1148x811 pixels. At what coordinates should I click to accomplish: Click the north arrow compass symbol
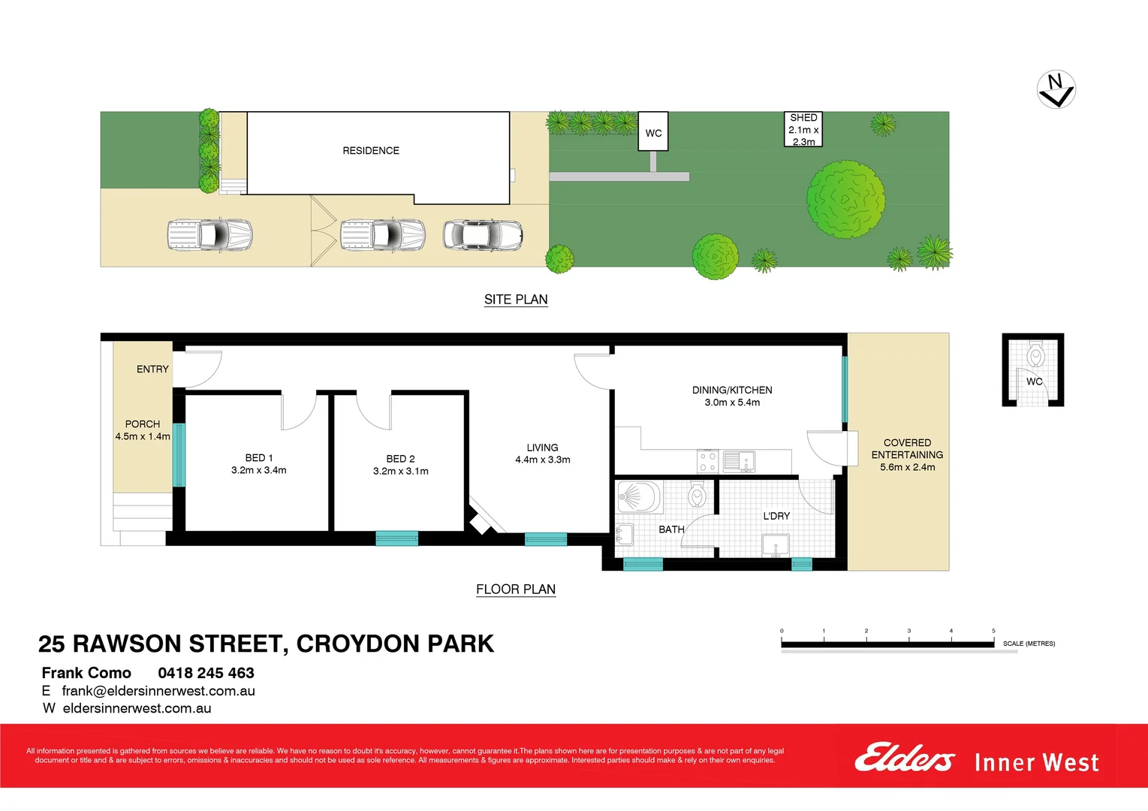pos(1056,89)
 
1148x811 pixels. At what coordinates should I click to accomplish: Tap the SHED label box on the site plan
pos(803,129)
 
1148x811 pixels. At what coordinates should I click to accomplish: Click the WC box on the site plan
pos(653,132)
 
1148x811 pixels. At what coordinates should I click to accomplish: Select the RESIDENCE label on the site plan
pos(371,151)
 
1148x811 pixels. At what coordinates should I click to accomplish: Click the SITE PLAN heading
pos(516,299)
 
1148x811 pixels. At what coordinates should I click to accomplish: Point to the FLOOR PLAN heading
pos(516,589)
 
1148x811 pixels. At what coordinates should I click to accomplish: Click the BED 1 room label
pos(259,464)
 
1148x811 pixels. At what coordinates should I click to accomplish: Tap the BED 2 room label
pos(400,465)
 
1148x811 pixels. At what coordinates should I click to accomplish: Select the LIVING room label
pos(542,454)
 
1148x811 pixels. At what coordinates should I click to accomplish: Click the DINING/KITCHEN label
pos(732,396)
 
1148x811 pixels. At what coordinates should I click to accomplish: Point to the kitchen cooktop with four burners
pos(707,461)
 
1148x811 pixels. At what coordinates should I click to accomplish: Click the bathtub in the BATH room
pos(638,496)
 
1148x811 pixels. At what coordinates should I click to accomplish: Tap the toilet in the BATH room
pos(698,495)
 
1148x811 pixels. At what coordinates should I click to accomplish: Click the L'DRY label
pos(776,516)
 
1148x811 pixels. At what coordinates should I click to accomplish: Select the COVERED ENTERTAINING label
pos(907,454)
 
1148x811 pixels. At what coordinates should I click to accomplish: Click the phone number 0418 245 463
pos(206,673)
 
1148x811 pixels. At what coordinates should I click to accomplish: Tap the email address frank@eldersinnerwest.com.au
pos(158,691)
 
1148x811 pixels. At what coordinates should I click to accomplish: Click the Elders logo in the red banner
pos(904,758)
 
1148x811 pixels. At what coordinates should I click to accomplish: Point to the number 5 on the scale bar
pos(993,631)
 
